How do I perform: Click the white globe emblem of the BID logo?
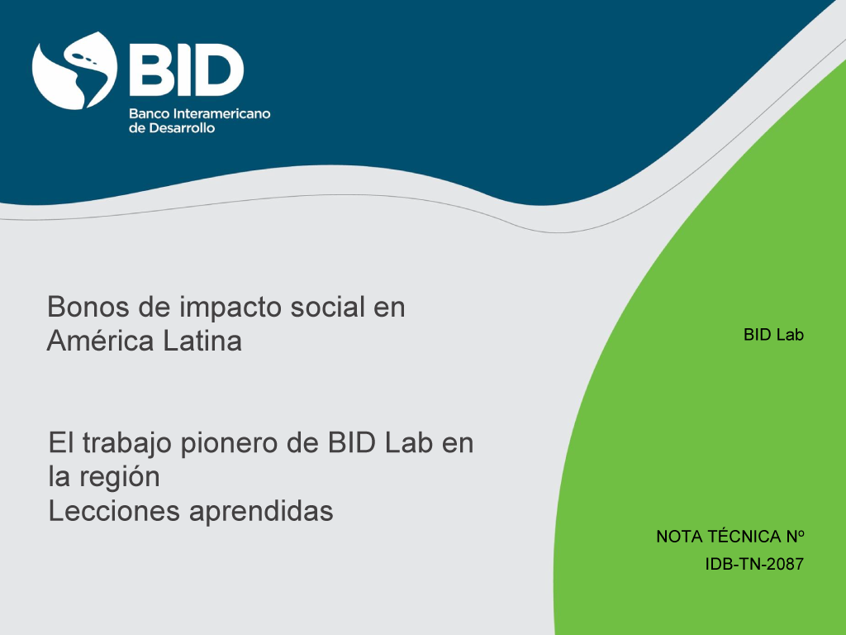pos(74,71)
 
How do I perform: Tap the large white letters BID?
pos(186,70)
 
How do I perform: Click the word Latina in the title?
pos(202,341)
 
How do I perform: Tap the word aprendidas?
pos(262,512)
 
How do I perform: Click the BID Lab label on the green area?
pos(773,335)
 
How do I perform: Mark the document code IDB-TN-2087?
pos(754,564)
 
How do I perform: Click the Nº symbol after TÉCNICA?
pos(796,537)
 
